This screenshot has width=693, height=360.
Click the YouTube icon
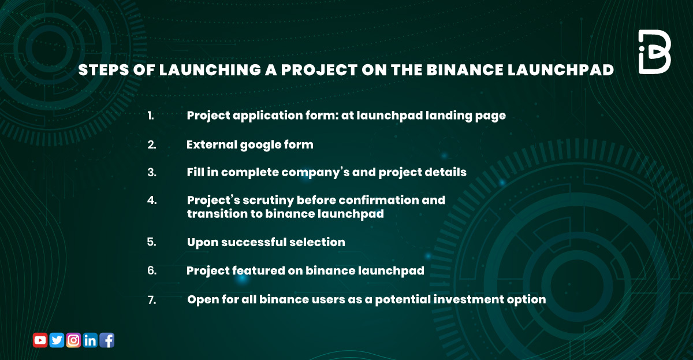(40, 340)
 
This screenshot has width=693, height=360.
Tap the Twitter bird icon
(57, 340)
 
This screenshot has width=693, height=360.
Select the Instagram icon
(73, 340)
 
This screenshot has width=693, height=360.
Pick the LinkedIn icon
(90, 340)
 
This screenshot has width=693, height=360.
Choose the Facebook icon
(107, 340)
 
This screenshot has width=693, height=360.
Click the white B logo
(654, 52)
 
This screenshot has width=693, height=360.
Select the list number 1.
(151, 116)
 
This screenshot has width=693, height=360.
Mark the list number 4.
(152, 201)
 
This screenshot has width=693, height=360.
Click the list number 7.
(152, 300)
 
